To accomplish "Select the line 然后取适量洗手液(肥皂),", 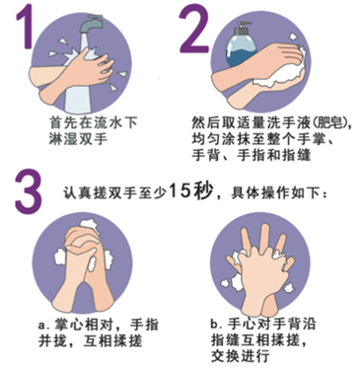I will click(x=272, y=122).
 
